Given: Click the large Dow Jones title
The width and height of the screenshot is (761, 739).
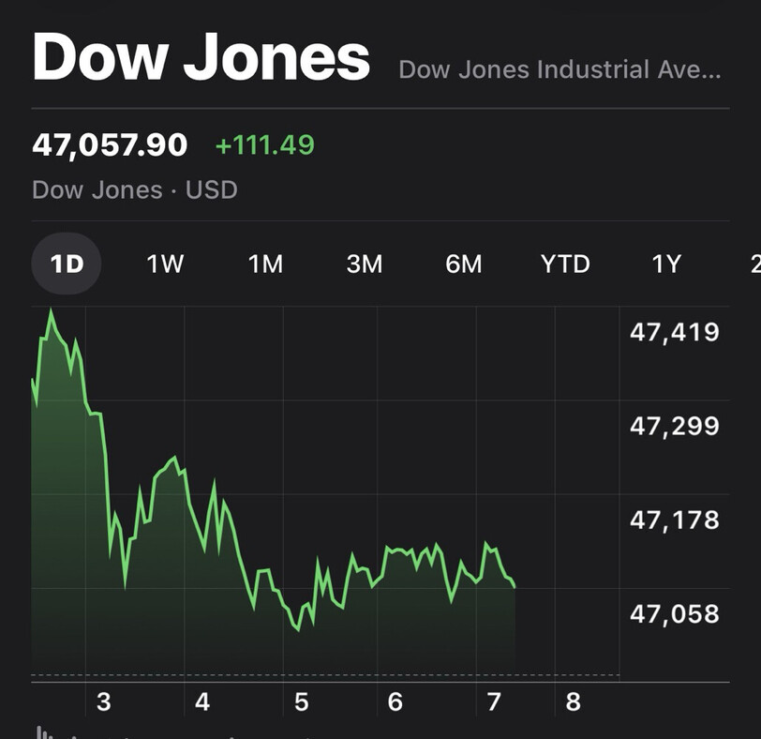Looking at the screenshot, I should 201,57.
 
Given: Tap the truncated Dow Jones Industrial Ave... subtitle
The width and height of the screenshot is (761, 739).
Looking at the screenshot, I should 560,69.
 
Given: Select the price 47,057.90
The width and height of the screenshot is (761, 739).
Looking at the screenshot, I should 110,145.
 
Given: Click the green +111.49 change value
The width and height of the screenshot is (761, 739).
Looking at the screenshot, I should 265,145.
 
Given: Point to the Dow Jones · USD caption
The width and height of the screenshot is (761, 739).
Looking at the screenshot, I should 134,190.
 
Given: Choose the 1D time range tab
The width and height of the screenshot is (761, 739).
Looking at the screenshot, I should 67,264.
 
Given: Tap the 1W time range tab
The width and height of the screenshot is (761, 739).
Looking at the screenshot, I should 165,264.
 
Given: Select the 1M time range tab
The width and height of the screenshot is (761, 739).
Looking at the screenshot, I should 265,264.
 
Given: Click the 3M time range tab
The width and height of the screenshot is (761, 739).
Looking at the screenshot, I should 365,264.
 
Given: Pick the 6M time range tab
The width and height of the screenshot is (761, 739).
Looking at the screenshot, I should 464,264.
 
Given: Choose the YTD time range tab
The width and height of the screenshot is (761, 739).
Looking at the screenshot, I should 565,264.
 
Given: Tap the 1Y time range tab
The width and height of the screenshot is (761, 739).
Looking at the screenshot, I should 666,264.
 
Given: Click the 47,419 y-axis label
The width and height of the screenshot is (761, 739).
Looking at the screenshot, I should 675,332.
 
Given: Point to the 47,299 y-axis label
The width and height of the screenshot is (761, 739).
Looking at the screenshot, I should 675,427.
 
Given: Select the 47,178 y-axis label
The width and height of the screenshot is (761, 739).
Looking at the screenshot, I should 675,520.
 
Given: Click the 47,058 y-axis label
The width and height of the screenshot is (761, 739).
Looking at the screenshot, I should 675,614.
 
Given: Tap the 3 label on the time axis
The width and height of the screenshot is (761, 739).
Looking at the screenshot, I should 103,701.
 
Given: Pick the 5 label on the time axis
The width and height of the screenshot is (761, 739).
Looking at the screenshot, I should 301,701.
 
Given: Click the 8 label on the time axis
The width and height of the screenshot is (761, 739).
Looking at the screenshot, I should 573,701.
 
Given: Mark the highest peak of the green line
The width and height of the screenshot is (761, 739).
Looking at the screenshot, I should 51,309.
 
